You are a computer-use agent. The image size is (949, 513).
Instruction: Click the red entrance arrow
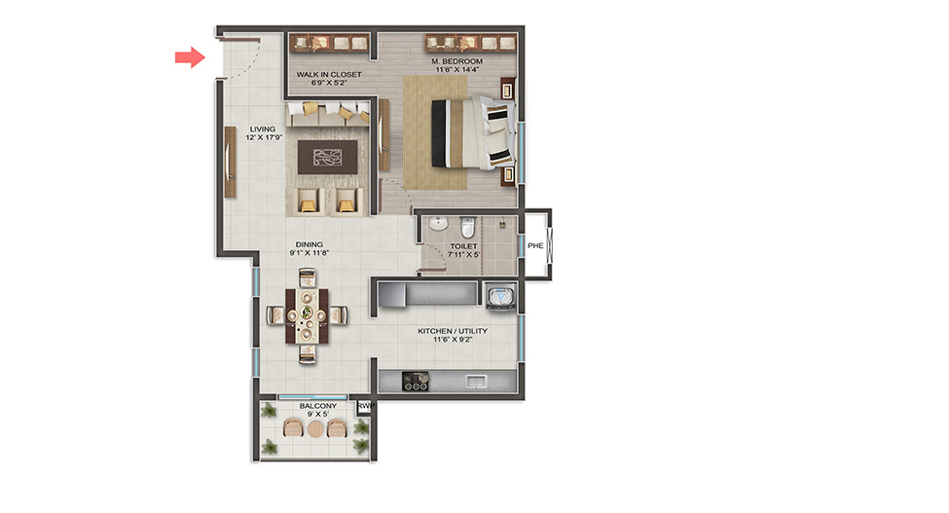[x=190, y=57]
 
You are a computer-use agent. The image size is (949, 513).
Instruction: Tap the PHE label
[x=535, y=245]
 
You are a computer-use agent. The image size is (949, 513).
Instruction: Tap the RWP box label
[x=366, y=406]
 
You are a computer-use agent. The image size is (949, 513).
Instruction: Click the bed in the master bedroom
[x=473, y=133]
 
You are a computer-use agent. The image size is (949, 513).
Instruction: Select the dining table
[x=308, y=315]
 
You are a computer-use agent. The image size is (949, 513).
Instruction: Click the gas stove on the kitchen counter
[x=416, y=382]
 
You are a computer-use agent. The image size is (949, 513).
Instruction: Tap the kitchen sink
[x=476, y=382]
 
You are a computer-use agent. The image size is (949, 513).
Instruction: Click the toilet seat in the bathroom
[x=467, y=228]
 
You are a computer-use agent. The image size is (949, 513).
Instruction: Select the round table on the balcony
[x=315, y=429]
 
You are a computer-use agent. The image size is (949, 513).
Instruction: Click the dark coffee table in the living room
[x=327, y=158]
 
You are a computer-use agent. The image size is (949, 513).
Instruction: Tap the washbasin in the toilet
[x=438, y=224]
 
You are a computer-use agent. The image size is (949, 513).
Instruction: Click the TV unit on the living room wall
[x=230, y=163]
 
